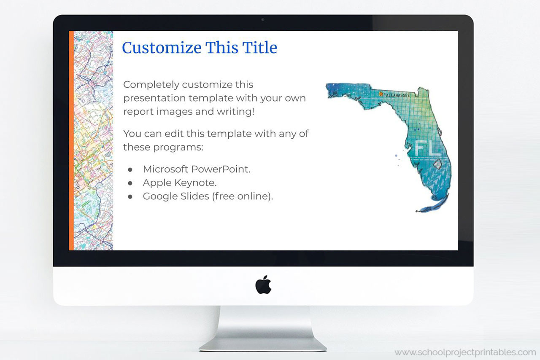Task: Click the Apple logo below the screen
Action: pos(263,285)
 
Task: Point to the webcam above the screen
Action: pos(263,19)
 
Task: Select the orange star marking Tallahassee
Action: pos(381,94)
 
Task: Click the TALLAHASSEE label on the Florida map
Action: pos(397,95)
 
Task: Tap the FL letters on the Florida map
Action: pos(427,148)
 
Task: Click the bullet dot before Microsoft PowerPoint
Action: pos(130,169)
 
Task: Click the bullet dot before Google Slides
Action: pos(130,196)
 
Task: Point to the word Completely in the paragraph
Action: pos(150,85)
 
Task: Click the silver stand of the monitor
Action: pos(263,329)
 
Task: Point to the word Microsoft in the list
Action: pos(165,169)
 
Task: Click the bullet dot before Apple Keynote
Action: pos(130,183)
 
